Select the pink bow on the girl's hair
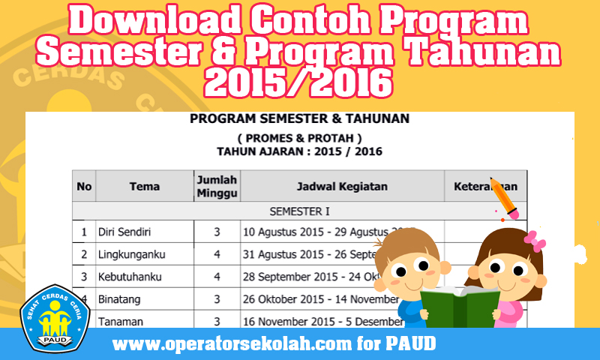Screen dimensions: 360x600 [x=534, y=240]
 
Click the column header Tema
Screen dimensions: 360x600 [x=144, y=186]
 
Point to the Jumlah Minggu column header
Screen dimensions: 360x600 [x=217, y=186]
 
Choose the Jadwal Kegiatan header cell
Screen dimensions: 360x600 [x=341, y=186]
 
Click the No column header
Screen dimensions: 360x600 [x=84, y=186]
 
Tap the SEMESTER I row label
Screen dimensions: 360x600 [x=299, y=211]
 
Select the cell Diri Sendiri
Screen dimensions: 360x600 [x=123, y=232]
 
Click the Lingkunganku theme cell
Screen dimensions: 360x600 [x=131, y=254]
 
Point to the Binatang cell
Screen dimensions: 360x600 [x=120, y=299]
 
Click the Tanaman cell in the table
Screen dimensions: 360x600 [x=120, y=321]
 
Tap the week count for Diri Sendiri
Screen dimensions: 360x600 [x=217, y=232]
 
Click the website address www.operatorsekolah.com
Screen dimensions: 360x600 [x=274, y=346]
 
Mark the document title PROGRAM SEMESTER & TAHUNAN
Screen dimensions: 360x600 [x=299, y=118]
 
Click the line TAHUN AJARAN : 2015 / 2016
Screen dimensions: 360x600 [x=299, y=151]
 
